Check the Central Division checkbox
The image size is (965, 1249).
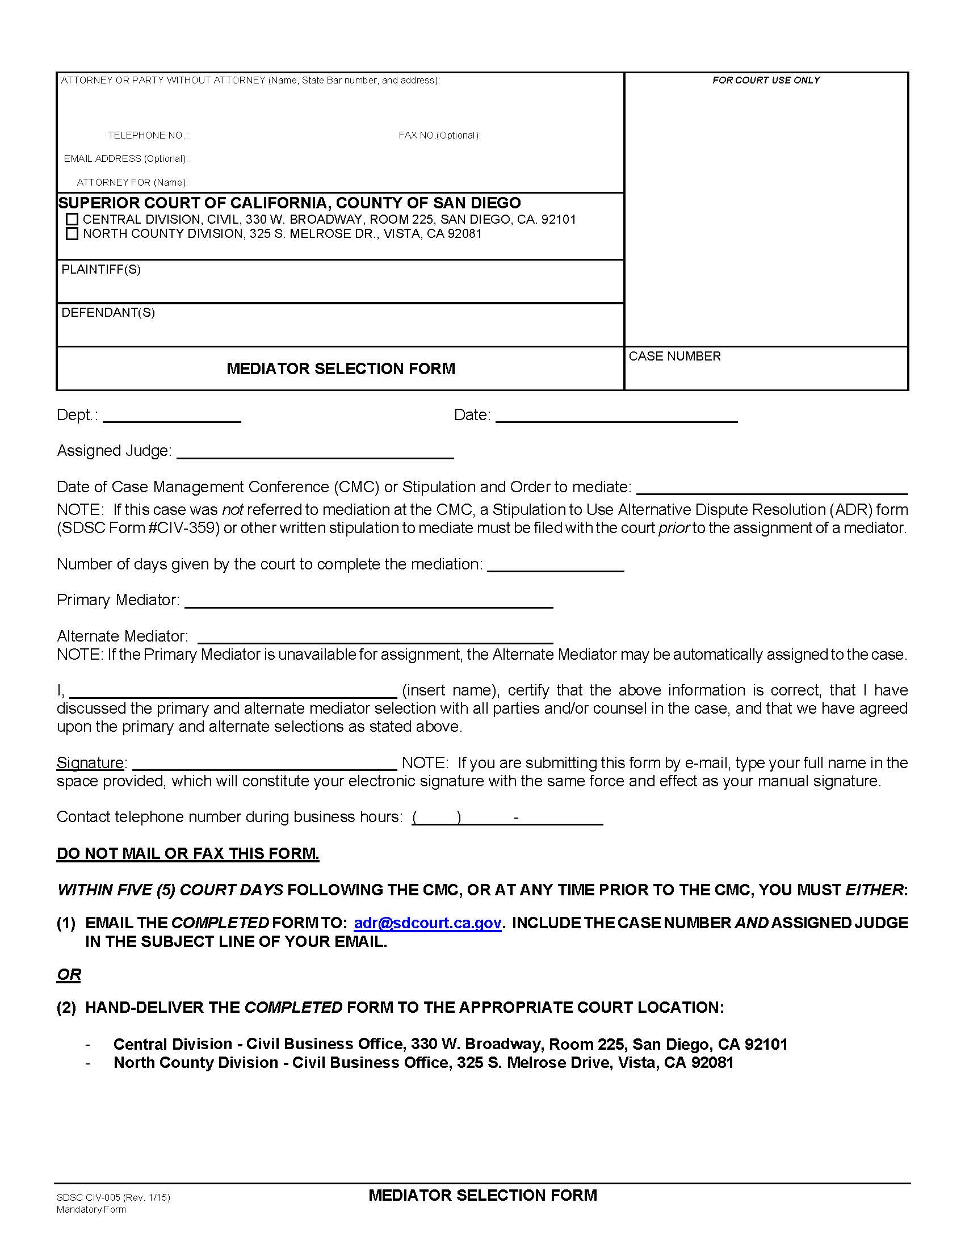72,220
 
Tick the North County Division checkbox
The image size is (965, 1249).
72,234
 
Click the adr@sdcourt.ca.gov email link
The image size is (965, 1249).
427,923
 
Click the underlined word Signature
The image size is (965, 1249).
90,763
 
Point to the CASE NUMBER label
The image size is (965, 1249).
674,357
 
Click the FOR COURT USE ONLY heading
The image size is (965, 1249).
766,81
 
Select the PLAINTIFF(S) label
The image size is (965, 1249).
101,269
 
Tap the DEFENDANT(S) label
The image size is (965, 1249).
108,313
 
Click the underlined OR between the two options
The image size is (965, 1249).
69,974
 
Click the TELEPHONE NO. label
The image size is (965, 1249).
148,136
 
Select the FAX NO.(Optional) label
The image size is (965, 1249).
439,136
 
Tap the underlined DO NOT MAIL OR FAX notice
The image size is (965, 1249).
187,854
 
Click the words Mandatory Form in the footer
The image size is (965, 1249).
91,1209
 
